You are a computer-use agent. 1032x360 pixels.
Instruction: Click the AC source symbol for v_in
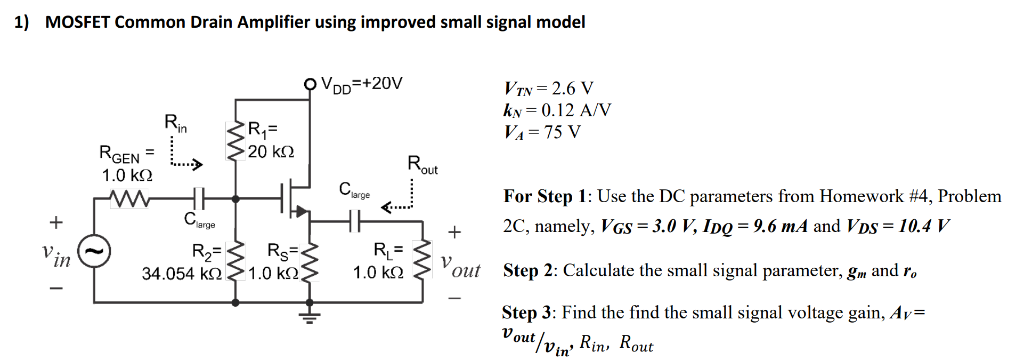tap(94, 251)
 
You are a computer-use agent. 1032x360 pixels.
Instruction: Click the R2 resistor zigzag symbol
tap(235, 261)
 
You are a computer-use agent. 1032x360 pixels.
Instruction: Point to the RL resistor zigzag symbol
tap(423, 258)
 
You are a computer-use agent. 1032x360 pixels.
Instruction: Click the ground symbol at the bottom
tap(310, 317)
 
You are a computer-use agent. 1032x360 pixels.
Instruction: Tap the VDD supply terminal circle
tap(310, 84)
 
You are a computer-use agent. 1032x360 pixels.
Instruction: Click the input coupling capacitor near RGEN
tap(198, 198)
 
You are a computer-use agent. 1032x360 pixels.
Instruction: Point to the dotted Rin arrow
tap(184, 157)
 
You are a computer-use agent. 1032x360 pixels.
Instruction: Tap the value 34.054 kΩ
tap(181, 274)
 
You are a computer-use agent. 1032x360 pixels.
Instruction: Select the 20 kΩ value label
tap(271, 152)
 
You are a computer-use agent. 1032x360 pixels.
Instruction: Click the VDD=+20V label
tap(362, 84)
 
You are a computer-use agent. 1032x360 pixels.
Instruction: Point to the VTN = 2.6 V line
tap(549, 89)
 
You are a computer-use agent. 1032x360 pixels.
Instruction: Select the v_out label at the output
tap(461, 267)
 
